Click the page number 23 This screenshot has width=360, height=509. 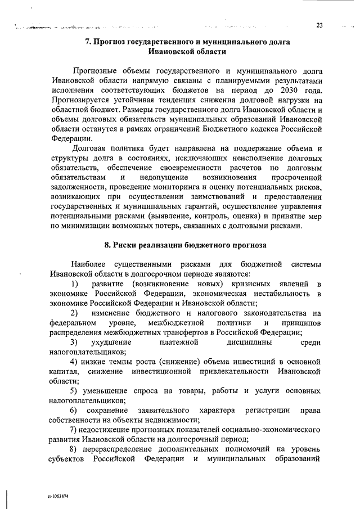(319, 25)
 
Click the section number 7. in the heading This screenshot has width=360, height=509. (88, 42)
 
